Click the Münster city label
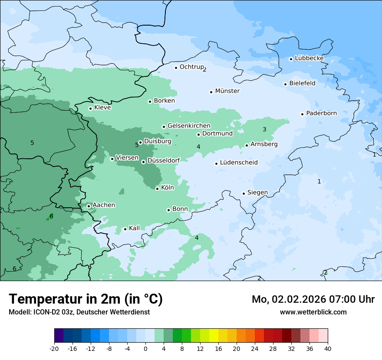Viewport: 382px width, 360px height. (x=227, y=91)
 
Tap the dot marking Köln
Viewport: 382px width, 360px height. (x=157, y=189)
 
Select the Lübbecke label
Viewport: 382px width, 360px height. (x=309, y=58)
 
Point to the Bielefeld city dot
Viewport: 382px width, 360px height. (x=285, y=84)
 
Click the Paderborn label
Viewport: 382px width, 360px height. (x=321, y=113)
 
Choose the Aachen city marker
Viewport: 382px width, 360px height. (x=89, y=206)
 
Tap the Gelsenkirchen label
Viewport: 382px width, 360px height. (x=189, y=126)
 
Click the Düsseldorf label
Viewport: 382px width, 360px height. (x=164, y=160)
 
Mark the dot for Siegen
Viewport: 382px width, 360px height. (x=244, y=193)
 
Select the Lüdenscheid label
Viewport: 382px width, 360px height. (x=239, y=163)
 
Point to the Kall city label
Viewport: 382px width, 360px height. (x=134, y=228)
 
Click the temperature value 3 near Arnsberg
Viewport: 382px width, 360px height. (x=264, y=130)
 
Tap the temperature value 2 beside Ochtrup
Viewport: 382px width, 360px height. (x=204, y=69)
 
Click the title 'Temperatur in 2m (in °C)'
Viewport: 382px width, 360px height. (x=86, y=299)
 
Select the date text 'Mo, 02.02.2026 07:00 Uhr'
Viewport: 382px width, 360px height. (x=313, y=299)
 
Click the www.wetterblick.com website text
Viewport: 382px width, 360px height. (x=313, y=312)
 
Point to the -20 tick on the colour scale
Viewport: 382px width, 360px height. (x=54, y=349)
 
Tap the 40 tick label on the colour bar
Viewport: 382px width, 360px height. (x=328, y=349)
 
